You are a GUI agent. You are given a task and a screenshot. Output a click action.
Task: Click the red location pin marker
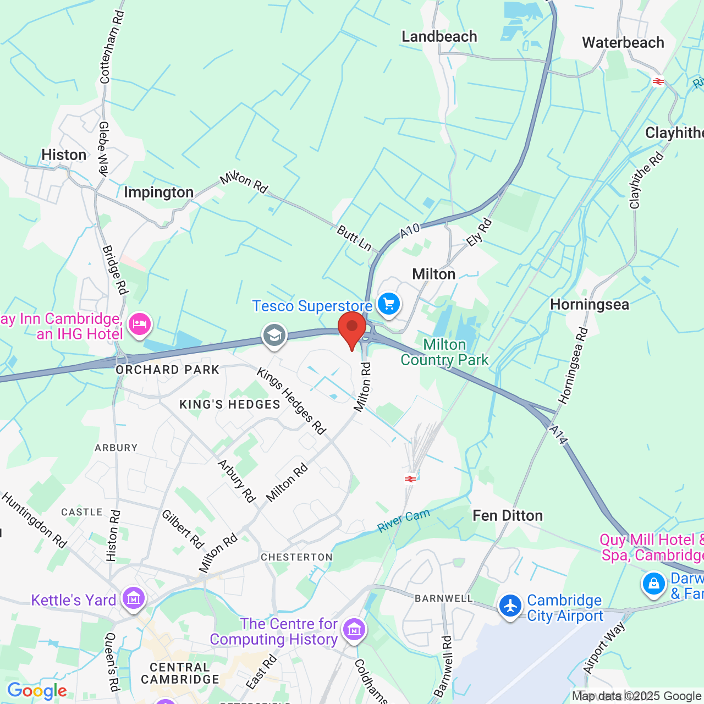tap(352, 328)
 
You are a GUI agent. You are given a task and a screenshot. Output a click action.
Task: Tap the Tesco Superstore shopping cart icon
tap(389, 304)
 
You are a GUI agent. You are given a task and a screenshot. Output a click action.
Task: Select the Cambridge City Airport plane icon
tap(510, 606)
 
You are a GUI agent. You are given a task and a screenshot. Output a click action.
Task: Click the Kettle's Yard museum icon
tap(134, 598)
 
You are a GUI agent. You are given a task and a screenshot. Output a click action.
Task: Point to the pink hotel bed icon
tap(140, 324)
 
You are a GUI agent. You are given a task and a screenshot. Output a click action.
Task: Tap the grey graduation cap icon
tap(274, 335)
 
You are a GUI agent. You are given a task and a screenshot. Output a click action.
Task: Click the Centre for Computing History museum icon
tap(354, 629)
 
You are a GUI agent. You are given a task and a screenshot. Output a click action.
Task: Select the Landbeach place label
tap(439, 37)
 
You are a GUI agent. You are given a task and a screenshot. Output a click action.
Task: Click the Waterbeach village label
tap(623, 42)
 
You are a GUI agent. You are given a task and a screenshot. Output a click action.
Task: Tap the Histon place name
tap(64, 155)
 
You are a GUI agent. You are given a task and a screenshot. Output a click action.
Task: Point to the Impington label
tap(158, 193)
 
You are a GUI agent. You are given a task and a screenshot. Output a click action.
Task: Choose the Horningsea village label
tap(589, 305)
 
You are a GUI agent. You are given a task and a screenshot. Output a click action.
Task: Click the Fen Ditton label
tap(508, 515)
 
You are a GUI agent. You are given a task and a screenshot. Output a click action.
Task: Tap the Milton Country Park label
tap(444, 352)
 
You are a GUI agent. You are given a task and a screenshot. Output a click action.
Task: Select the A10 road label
tap(410, 230)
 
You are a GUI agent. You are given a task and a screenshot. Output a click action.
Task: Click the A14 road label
tap(558, 435)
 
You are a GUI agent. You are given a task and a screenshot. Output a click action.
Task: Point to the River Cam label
tap(403, 520)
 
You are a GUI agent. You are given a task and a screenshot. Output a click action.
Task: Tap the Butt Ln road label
tap(354, 238)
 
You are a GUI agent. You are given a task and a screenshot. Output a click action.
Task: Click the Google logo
tap(37, 691)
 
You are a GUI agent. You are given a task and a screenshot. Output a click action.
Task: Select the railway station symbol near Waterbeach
tap(658, 81)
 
